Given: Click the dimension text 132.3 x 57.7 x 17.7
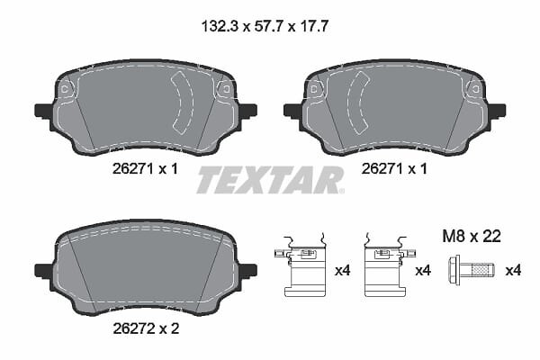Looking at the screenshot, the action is (x=265, y=26).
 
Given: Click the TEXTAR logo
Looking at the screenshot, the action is (x=270, y=180).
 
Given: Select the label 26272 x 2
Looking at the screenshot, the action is (x=146, y=328).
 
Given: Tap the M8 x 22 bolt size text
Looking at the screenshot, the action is (x=471, y=237).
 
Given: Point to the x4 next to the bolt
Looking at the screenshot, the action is (x=513, y=270).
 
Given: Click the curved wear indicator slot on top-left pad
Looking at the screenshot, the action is (x=183, y=103).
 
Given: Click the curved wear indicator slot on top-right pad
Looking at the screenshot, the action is (x=358, y=103).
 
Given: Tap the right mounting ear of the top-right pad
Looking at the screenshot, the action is (x=497, y=111).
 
